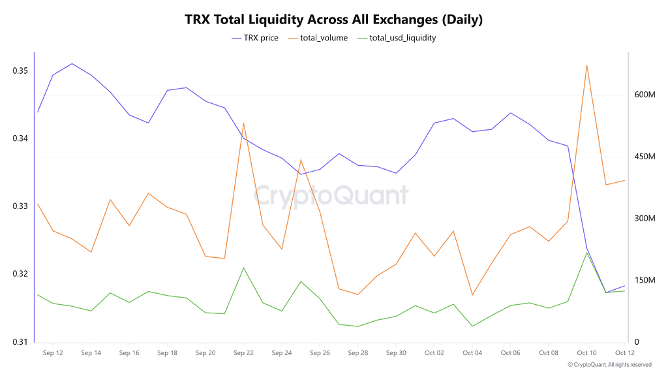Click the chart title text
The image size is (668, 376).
(x=334, y=20)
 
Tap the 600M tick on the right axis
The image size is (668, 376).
(x=645, y=95)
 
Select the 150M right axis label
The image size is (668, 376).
(x=645, y=280)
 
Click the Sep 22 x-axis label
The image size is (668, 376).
(x=243, y=352)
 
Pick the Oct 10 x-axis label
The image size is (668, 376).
(x=586, y=352)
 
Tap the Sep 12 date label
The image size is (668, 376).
(x=53, y=352)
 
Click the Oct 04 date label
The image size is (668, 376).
(x=472, y=352)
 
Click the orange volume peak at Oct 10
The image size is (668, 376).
(x=587, y=65)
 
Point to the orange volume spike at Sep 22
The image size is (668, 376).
(x=243, y=123)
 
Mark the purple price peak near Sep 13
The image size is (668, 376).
(x=72, y=63)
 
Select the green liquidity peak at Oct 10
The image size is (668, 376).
(x=587, y=252)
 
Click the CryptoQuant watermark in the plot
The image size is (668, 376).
(x=331, y=195)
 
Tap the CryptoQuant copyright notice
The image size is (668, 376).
(x=609, y=365)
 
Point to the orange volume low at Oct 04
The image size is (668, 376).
(x=472, y=295)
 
